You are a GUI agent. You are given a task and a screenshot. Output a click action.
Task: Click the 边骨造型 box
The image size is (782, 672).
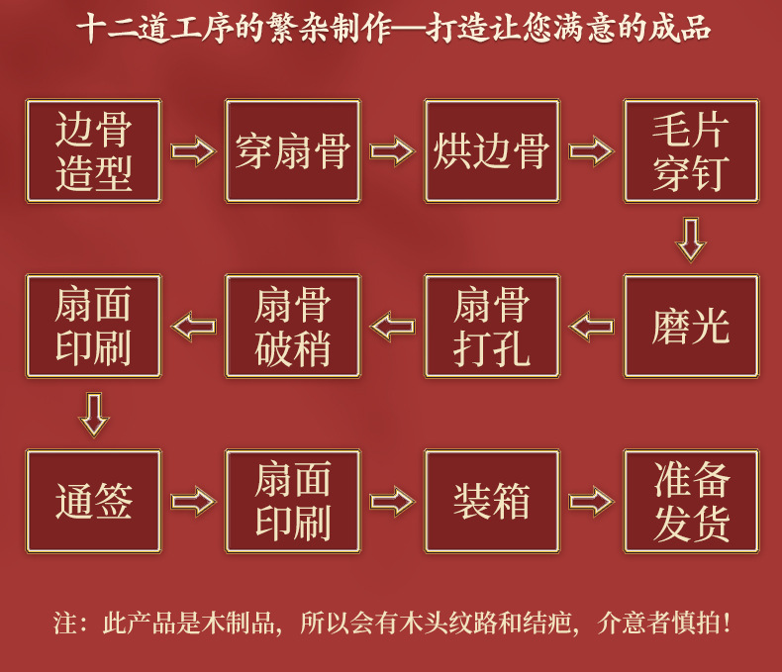(x=94, y=151)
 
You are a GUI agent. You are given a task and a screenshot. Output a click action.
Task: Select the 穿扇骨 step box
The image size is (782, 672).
(x=293, y=151)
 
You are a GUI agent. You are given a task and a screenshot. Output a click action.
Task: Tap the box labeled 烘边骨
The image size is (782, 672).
(x=492, y=151)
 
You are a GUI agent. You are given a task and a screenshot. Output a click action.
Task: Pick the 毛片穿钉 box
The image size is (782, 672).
(x=691, y=151)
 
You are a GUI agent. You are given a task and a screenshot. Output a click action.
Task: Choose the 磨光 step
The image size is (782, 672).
(x=691, y=326)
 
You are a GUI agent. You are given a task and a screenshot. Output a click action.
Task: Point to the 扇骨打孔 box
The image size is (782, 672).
(x=492, y=326)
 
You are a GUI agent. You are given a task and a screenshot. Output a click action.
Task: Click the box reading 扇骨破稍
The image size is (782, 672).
(x=293, y=326)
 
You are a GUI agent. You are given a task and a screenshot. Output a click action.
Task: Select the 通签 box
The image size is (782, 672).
(x=94, y=501)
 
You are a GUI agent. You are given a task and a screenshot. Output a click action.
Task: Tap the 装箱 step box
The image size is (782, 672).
(x=492, y=501)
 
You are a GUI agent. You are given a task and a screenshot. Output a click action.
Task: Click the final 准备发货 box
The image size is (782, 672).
(x=691, y=501)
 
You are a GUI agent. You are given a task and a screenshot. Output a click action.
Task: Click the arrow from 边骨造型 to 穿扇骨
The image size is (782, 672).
(x=193, y=151)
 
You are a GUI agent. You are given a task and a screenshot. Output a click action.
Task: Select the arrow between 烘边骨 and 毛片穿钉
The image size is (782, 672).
(x=591, y=151)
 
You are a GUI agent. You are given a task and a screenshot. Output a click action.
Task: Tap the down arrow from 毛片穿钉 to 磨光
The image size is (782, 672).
(x=690, y=239)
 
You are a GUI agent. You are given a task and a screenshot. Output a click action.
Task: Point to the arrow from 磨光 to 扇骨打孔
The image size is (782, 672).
(x=591, y=326)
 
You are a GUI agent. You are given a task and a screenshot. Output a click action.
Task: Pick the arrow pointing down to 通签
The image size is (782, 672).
(x=93, y=414)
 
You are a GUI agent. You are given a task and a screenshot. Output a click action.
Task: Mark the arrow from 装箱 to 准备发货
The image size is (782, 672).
(x=591, y=501)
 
